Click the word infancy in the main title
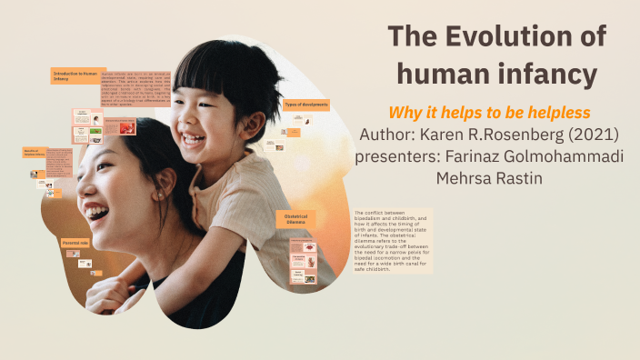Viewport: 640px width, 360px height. tap(545, 74)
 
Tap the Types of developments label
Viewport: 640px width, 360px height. tap(305, 105)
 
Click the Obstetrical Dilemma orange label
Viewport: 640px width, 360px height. tap(297, 218)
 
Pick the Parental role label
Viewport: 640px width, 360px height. tap(75, 244)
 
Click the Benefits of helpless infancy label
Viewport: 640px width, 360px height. tap(34, 153)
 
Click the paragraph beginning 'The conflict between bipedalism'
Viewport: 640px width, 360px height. tap(392, 240)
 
